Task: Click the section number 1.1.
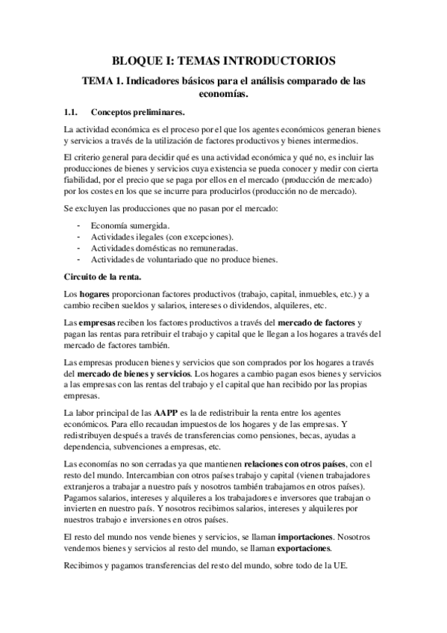[72, 113]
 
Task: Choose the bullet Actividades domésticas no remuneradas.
[163, 247]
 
